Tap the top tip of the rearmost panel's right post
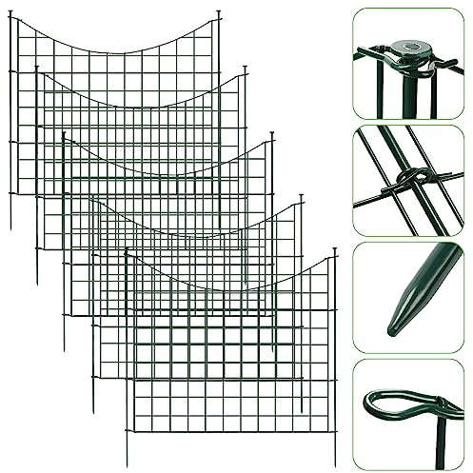[x=219, y=11]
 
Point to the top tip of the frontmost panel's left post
[x=127, y=249]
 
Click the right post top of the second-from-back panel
[x=246, y=68]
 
